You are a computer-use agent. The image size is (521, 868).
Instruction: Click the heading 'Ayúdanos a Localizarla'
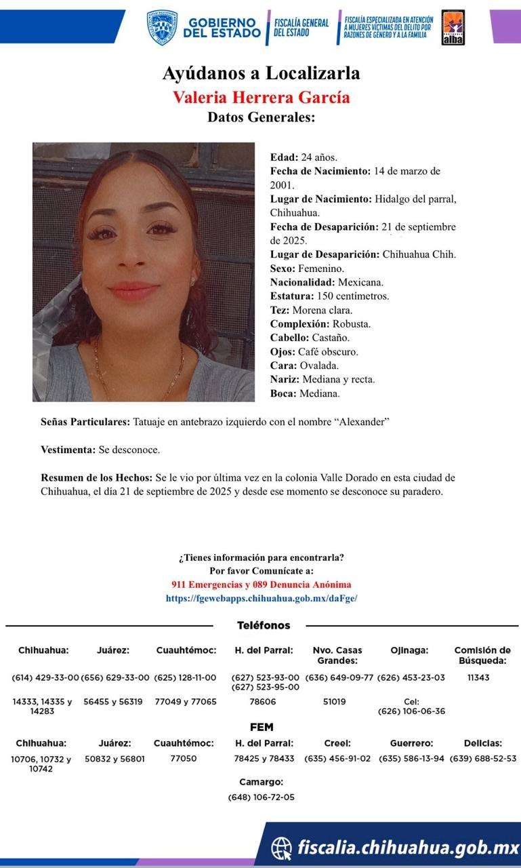tap(261, 73)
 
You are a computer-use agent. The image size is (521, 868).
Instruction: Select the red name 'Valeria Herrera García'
tap(261, 97)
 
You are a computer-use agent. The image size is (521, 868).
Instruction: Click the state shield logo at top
tap(162, 28)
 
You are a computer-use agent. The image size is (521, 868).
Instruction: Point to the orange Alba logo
tap(453, 28)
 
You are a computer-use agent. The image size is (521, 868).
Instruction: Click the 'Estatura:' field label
tap(291, 296)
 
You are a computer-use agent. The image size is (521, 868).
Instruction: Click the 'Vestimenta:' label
tap(68, 450)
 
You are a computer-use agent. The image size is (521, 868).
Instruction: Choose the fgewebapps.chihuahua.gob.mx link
tap(261, 598)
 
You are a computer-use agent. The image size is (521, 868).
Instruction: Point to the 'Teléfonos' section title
tap(264, 625)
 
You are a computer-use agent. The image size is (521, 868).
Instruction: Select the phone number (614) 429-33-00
tap(45, 677)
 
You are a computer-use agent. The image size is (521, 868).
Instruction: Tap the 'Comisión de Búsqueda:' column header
tap(482, 655)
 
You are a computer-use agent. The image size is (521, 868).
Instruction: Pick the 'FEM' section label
tap(261, 727)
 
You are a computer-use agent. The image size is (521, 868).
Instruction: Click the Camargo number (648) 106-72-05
tap(261, 797)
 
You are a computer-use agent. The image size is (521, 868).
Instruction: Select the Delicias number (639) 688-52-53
tap(482, 759)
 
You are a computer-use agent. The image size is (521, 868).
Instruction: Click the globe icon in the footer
tap(282, 848)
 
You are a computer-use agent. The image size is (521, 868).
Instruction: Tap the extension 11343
tap(478, 677)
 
